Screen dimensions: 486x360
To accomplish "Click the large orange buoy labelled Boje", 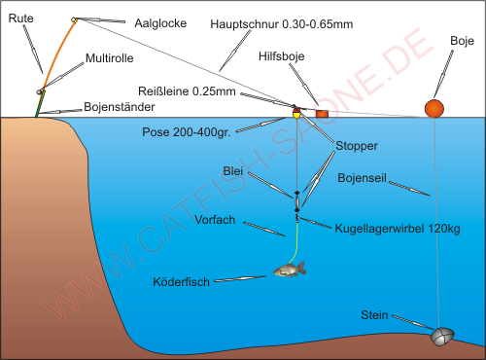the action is pos(434,109).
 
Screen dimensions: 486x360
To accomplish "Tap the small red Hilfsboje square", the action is pos(322,114).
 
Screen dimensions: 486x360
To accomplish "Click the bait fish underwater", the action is pos(290,270).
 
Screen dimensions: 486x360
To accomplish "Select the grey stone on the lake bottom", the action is pos(442,337).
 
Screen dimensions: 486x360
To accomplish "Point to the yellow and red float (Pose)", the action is pos(296,113).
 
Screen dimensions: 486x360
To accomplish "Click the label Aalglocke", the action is pos(160,23).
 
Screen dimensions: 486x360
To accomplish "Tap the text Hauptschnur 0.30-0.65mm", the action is pos(281,24).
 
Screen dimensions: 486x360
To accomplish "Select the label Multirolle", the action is pos(110,58).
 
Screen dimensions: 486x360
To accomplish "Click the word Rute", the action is pos(20,18).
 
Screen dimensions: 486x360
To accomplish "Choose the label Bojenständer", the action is pos(120,107).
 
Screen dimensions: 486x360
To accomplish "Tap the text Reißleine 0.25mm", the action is pos(187,91).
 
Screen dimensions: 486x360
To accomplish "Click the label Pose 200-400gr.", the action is pos(187,132).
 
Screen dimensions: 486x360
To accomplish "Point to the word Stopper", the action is pos(357,146).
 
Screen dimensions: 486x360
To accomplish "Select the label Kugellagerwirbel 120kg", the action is pos(398,229).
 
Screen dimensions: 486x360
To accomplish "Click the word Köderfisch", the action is pos(181,282).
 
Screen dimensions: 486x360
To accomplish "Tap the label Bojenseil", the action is pos(362,178).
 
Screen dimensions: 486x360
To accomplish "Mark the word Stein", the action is pos(374,315).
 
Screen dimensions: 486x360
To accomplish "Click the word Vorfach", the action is pos(215,220).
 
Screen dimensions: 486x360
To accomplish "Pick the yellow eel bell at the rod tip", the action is pos(74,20).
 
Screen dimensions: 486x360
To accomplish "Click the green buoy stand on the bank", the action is pos(40,104).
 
